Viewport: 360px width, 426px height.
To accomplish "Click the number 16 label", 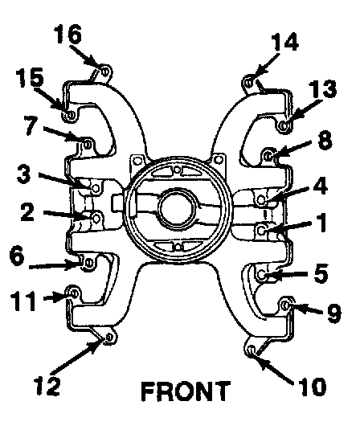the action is [x=67, y=34].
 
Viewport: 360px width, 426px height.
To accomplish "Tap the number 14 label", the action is [x=285, y=42].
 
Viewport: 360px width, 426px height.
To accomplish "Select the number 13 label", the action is [x=323, y=89].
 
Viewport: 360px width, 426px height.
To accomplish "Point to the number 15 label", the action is [x=30, y=77].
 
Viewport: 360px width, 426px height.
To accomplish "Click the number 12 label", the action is [x=47, y=386].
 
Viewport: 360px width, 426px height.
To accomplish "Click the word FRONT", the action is [x=186, y=391].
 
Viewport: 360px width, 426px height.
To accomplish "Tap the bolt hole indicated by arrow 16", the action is [x=105, y=72].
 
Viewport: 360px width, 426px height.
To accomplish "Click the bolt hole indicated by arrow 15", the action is [x=71, y=115].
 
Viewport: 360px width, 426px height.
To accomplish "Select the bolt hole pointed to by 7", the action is [x=88, y=144].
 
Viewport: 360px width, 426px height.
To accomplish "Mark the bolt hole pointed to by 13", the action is [x=284, y=125].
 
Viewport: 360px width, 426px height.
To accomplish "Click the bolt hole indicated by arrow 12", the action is [x=109, y=337].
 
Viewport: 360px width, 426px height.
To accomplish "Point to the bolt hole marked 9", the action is [x=286, y=305].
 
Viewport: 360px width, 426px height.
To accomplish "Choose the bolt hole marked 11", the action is [x=74, y=293].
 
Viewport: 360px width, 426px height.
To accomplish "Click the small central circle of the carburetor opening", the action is [x=178, y=209].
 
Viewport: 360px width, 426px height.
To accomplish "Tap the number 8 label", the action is [x=325, y=140].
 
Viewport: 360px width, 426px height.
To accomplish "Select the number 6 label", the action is [x=17, y=256].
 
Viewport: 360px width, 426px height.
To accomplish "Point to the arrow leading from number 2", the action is [x=67, y=215].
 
